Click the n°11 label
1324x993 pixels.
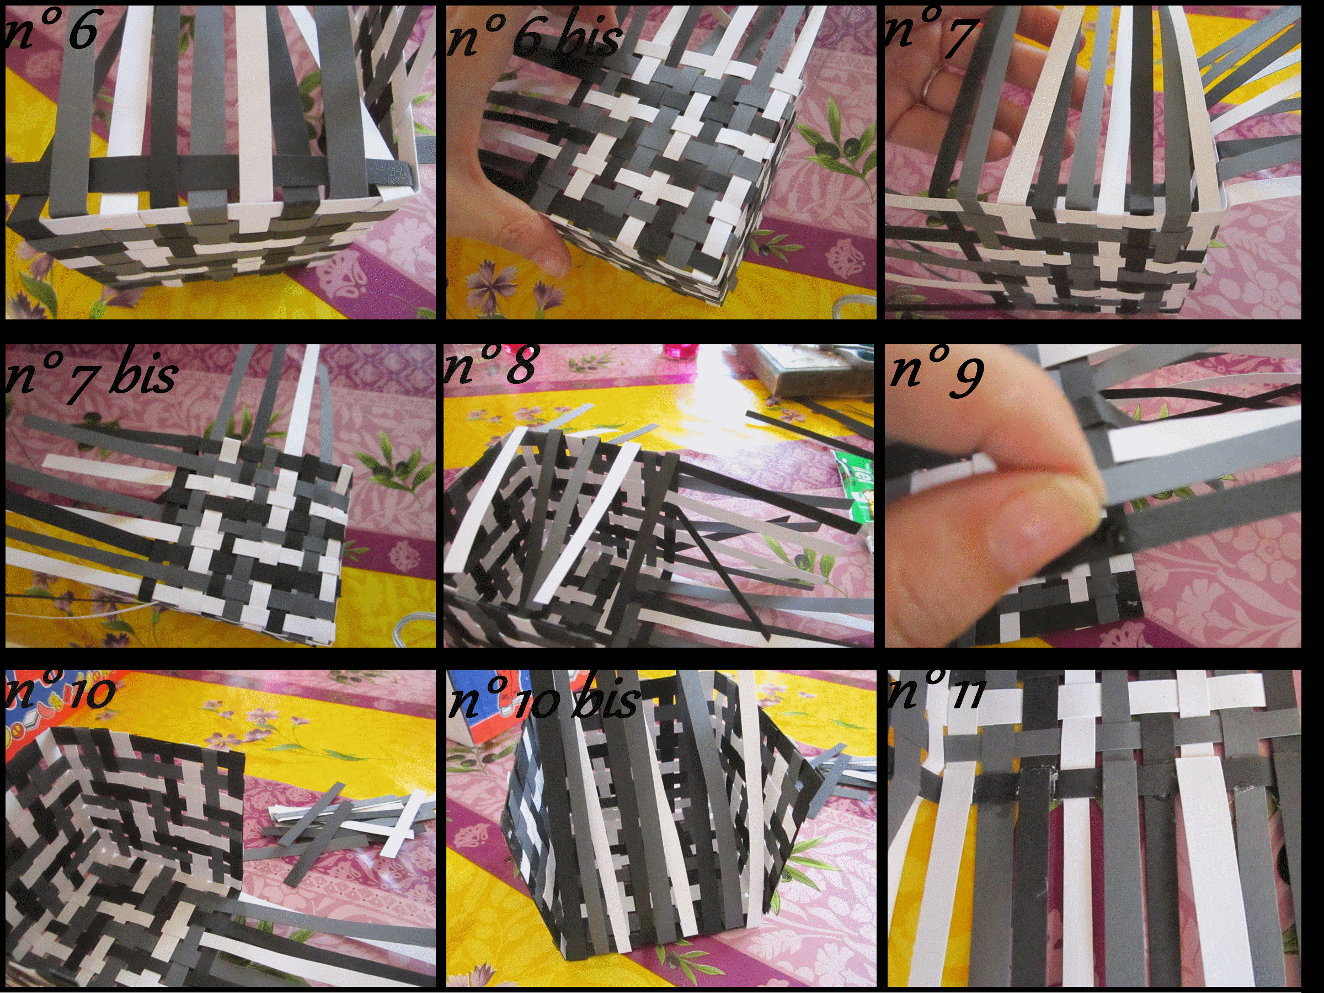(935, 692)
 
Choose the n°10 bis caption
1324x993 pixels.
(543, 697)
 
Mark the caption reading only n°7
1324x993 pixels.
(931, 33)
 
